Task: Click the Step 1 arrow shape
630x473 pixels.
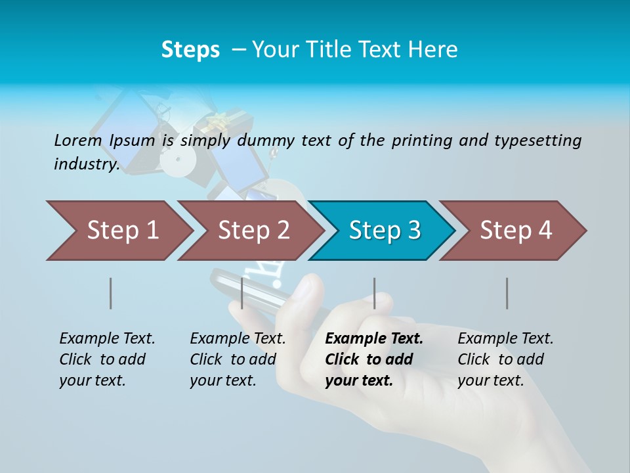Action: [121, 231]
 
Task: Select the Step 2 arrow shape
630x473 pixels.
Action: [253, 231]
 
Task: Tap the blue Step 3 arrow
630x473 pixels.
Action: [384, 231]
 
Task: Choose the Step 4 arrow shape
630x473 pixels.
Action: [515, 231]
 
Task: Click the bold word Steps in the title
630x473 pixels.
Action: [190, 50]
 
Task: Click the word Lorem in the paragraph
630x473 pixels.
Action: [78, 140]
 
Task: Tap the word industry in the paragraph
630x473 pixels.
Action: [86, 164]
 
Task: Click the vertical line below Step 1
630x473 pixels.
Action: [110, 293]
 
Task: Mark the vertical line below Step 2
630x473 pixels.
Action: [242, 293]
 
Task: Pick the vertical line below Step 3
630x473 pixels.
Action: [375, 293]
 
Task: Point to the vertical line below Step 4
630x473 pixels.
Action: [507, 293]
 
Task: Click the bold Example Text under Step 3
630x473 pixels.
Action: [374, 338]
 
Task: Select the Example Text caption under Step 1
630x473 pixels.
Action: [107, 338]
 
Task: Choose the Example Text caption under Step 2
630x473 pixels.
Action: [238, 338]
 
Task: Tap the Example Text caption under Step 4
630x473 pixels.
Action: [505, 338]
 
